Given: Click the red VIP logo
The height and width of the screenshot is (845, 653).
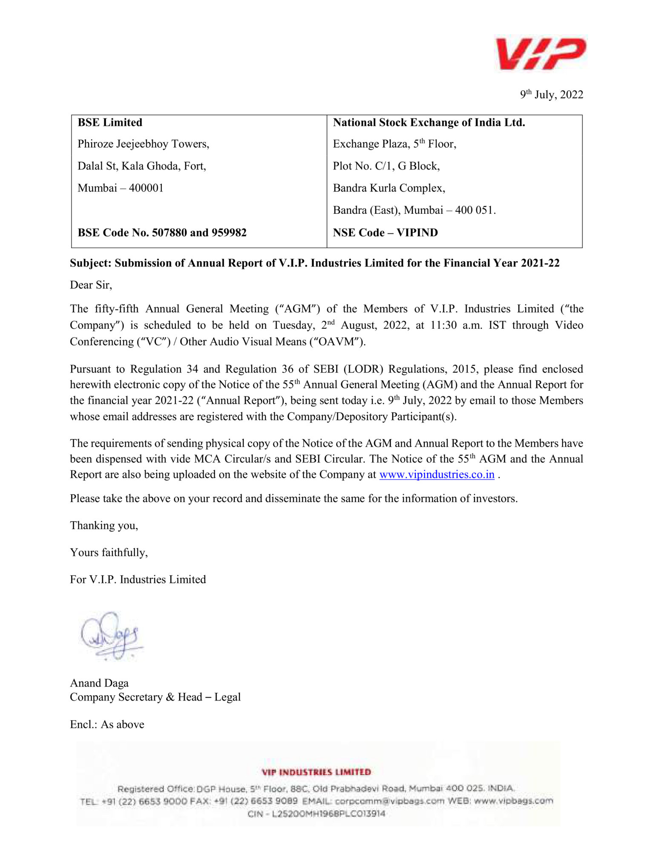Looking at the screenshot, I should [x=540, y=54].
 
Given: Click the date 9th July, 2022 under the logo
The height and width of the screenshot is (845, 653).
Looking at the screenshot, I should [x=551, y=95].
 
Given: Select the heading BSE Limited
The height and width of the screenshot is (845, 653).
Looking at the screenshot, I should [x=110, y=123].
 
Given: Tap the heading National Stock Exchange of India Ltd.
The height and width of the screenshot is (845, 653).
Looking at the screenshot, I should [x=429, y=123].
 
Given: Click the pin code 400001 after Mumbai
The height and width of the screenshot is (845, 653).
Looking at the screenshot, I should [x=146, y=188].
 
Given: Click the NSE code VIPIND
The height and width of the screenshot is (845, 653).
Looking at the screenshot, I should [x=417, y=233].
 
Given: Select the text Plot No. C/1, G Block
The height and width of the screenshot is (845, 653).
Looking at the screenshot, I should [x=386, y=166].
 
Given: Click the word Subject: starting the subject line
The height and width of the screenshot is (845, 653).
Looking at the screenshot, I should [x=90, y=263].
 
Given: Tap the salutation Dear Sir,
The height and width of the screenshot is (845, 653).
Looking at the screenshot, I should [x=91, y=285].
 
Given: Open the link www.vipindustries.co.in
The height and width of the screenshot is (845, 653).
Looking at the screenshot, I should [x=437, y=474].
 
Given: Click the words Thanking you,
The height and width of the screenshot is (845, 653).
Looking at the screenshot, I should [x=104, y=526].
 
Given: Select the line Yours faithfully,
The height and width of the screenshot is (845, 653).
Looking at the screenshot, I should [x=109, y=552].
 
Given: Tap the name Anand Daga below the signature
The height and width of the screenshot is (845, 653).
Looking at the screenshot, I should [x=99, y=683].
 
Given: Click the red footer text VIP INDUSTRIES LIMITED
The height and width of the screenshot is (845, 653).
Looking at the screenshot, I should [x=316, y=772].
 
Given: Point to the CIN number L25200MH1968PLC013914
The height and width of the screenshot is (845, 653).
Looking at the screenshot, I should [x=328, y=814].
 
